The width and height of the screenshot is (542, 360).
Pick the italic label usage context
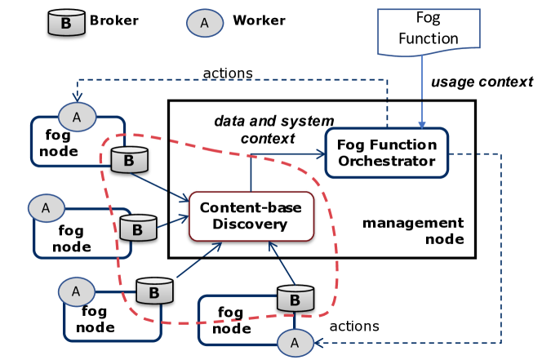482,82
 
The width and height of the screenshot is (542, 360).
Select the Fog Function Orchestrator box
387,153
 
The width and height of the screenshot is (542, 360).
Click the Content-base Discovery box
251,216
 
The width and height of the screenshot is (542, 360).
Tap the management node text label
412,231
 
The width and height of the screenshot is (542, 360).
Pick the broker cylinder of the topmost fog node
128,161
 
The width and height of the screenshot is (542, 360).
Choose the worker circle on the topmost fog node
78,117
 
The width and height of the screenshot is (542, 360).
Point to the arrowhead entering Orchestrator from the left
320,153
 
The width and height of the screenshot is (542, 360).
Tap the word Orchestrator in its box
387,161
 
